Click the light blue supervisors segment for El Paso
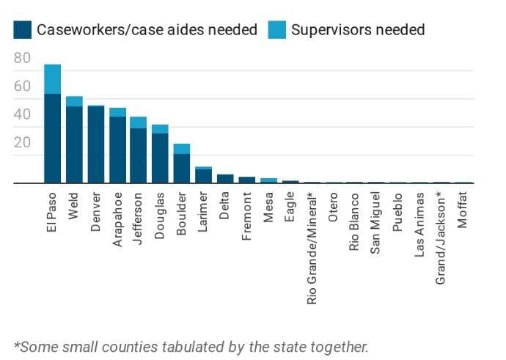click(52, 79)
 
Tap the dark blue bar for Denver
click(95, 144)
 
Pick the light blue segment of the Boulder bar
click(182, 149)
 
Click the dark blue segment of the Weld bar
click(74, 144)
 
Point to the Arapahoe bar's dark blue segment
click(117, 150)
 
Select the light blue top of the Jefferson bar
click(139, 122)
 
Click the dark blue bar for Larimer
click(203, 176)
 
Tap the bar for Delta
click(225, 178)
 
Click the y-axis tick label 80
click(22, 58)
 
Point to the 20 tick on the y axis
click(22, 142)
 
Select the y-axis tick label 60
click(22, 86)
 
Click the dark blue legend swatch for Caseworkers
click(22, 30)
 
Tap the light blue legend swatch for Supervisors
click(277, 30)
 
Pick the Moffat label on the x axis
click(463, 210)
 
